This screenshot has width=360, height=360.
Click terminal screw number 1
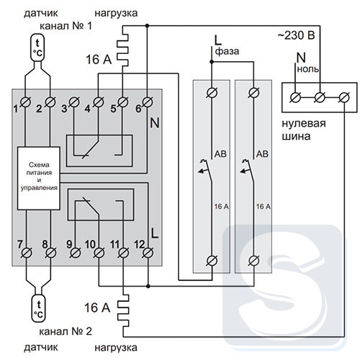[25, 102]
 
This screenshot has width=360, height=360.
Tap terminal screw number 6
[148, 102]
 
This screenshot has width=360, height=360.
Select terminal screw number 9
[75, 253]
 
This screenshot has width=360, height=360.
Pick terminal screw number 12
[148, 253]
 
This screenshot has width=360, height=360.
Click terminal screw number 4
[98, 102]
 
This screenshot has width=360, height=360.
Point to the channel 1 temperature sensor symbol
[37, 48]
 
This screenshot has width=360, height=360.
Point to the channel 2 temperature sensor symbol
[38, 308]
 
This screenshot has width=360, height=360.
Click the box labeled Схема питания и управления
[39, 178]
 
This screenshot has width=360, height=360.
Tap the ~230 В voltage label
[296, 35]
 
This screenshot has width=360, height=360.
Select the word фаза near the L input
[227, 51]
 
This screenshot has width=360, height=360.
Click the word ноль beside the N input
[308, 69]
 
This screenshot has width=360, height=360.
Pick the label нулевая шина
[304, 130]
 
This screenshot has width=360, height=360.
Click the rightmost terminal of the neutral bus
[344, 98]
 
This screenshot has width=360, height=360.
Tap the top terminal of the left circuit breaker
[212, 93]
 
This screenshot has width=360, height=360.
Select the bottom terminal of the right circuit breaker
[253, 261]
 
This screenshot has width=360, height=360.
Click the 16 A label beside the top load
[99, 59]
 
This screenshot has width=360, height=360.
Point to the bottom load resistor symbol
[123, 310]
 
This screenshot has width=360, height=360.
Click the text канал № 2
[66, 331]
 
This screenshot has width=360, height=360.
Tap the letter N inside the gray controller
[155, 123]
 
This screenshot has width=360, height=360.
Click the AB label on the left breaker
[220, 154]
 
